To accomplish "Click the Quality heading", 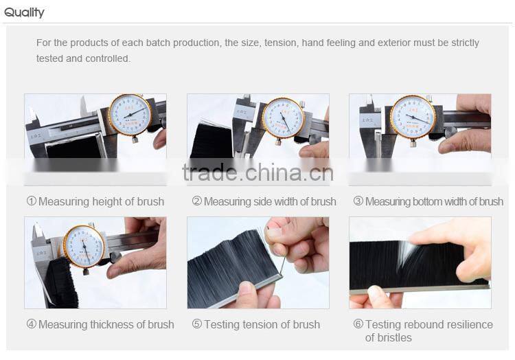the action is click(x=24, y=12).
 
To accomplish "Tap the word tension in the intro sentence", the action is click(x=282, y=43).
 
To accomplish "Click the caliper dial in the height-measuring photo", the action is click(x=130, y=114).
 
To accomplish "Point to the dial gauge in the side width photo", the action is click(x=284, y=118).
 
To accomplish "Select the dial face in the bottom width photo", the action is click(x=413, y=117).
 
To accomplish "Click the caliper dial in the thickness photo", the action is click(x=84, y=246).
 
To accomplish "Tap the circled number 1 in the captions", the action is click(x=31, y=201).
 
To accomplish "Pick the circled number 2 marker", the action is click(x=197, y=201).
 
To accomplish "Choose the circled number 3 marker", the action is click(x=358, y=201).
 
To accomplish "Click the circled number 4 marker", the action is click(x=31, y=324).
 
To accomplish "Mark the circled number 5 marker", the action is click(x=197, y=324).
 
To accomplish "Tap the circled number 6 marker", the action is click(x=358, y=324).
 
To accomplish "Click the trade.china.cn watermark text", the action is click(x=257, y=172).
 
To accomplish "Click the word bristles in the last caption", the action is click(x=393, y=337).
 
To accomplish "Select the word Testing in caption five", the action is click(x=222, y=325).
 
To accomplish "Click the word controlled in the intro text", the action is click(x=108, y=59).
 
